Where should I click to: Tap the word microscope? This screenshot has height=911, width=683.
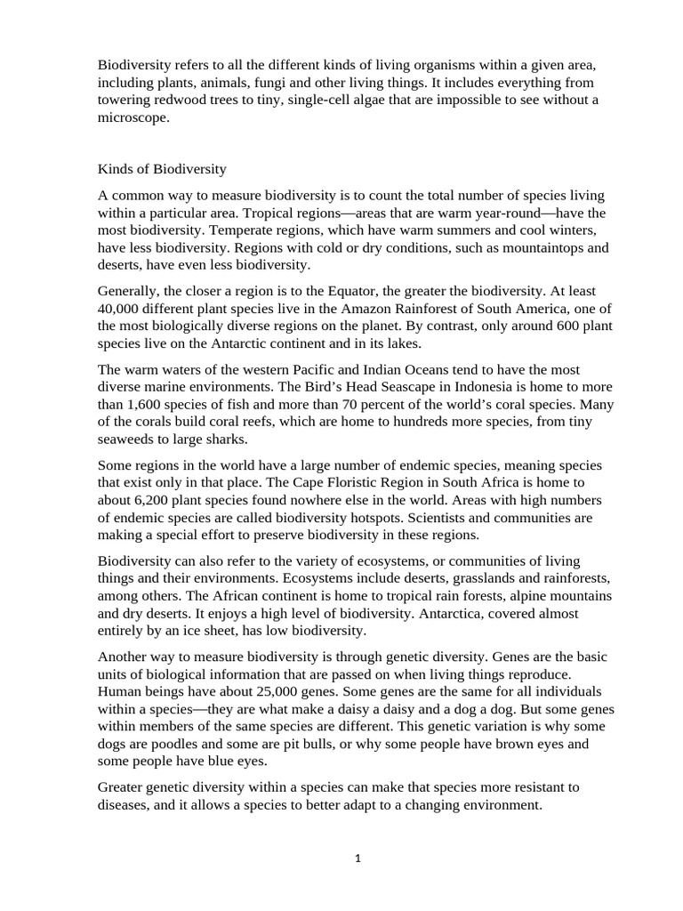tap(133, 117)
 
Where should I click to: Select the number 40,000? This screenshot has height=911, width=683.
tap(122, 307)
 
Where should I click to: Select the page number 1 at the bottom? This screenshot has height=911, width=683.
tap(358, 859)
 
